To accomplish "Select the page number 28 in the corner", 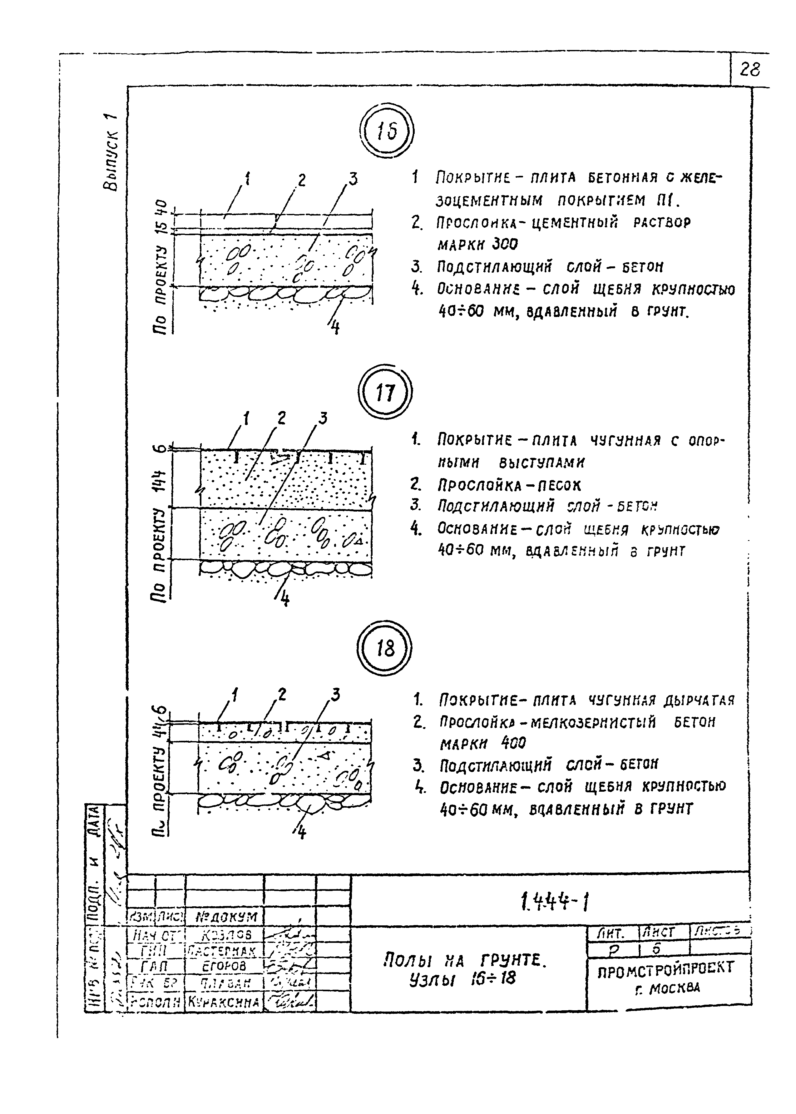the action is coord(749,70).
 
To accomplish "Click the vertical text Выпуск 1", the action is coord(110,152).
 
